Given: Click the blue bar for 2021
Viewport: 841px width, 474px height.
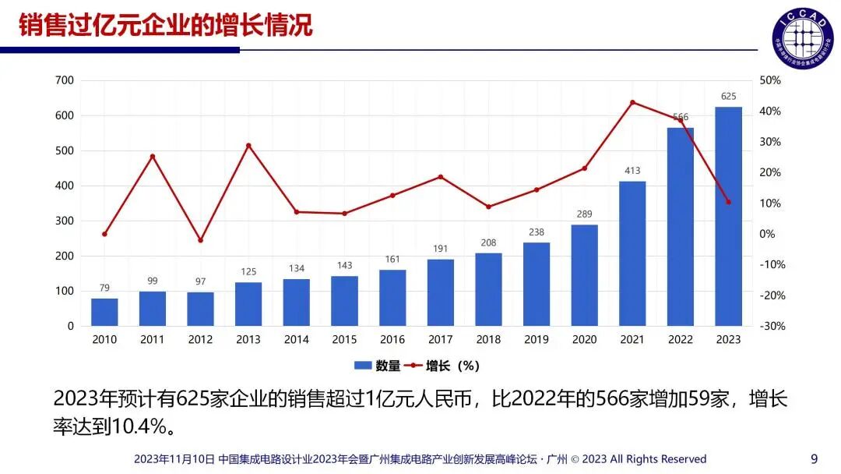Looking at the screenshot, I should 632,253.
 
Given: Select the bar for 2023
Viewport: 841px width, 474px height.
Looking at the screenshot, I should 728,216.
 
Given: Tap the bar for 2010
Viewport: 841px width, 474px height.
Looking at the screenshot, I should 104,312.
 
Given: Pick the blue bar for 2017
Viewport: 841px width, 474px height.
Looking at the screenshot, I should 440,292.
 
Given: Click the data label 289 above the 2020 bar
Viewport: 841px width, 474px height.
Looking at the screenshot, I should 584,213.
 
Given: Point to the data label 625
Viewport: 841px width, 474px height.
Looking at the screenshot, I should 728,97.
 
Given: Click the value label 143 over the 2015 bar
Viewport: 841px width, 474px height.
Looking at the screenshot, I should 344,265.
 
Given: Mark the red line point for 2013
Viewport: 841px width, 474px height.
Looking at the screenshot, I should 248,146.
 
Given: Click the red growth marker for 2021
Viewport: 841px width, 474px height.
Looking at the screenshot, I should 632,102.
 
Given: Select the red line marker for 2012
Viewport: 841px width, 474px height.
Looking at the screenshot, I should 200,240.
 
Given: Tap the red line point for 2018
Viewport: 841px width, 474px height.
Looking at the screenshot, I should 488,207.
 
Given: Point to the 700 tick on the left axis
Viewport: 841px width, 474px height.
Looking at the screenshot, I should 65,80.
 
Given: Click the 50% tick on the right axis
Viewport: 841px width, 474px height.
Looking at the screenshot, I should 770,80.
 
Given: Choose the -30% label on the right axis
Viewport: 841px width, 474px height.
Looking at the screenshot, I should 770,326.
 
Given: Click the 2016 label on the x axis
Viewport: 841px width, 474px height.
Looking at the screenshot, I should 392,340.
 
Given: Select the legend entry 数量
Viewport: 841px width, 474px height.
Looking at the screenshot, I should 378,366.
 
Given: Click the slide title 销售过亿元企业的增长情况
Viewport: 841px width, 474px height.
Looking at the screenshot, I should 165,25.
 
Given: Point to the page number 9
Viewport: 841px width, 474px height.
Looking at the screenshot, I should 815,458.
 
